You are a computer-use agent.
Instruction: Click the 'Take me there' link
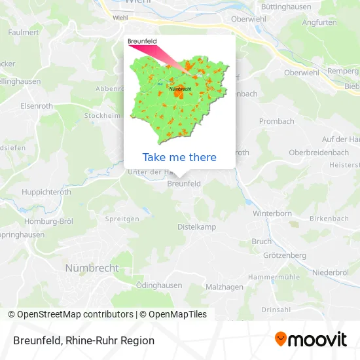179,157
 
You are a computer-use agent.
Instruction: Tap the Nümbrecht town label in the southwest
92,268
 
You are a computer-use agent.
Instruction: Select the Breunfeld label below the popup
184,185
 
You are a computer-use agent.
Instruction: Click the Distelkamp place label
196,226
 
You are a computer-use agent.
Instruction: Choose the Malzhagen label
224,287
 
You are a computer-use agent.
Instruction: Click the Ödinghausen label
158,285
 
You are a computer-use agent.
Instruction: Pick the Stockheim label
102,115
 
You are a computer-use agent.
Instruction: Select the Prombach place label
276,121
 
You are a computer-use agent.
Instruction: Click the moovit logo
311,340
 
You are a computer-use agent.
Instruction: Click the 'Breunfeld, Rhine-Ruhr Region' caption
83,340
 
